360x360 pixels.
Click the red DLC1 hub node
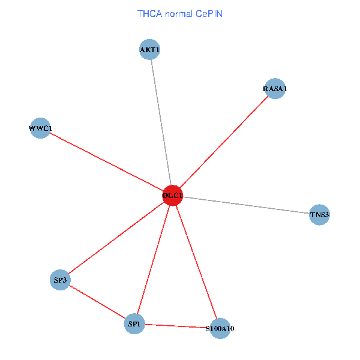[172, 195]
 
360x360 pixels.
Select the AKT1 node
[149, 50]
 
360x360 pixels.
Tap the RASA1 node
[275, 89]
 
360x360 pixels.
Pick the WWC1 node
[40, 128]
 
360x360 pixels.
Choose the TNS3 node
[320, 214]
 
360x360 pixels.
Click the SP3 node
[60, 280]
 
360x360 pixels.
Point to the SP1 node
[134, 324]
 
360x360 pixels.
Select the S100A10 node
[220, 328]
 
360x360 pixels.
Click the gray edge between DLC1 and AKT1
[161, 122]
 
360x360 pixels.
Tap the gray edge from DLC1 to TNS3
[246, 205]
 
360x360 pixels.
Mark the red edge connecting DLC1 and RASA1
[223, 142]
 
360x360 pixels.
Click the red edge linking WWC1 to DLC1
[106, 161]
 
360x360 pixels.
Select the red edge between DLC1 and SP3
[116, 238]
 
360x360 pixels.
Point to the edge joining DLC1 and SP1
[153, 259]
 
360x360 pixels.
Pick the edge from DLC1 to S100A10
[196, 262]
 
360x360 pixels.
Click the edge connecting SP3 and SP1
[97, 302]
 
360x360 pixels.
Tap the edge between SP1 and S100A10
[177, 326]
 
